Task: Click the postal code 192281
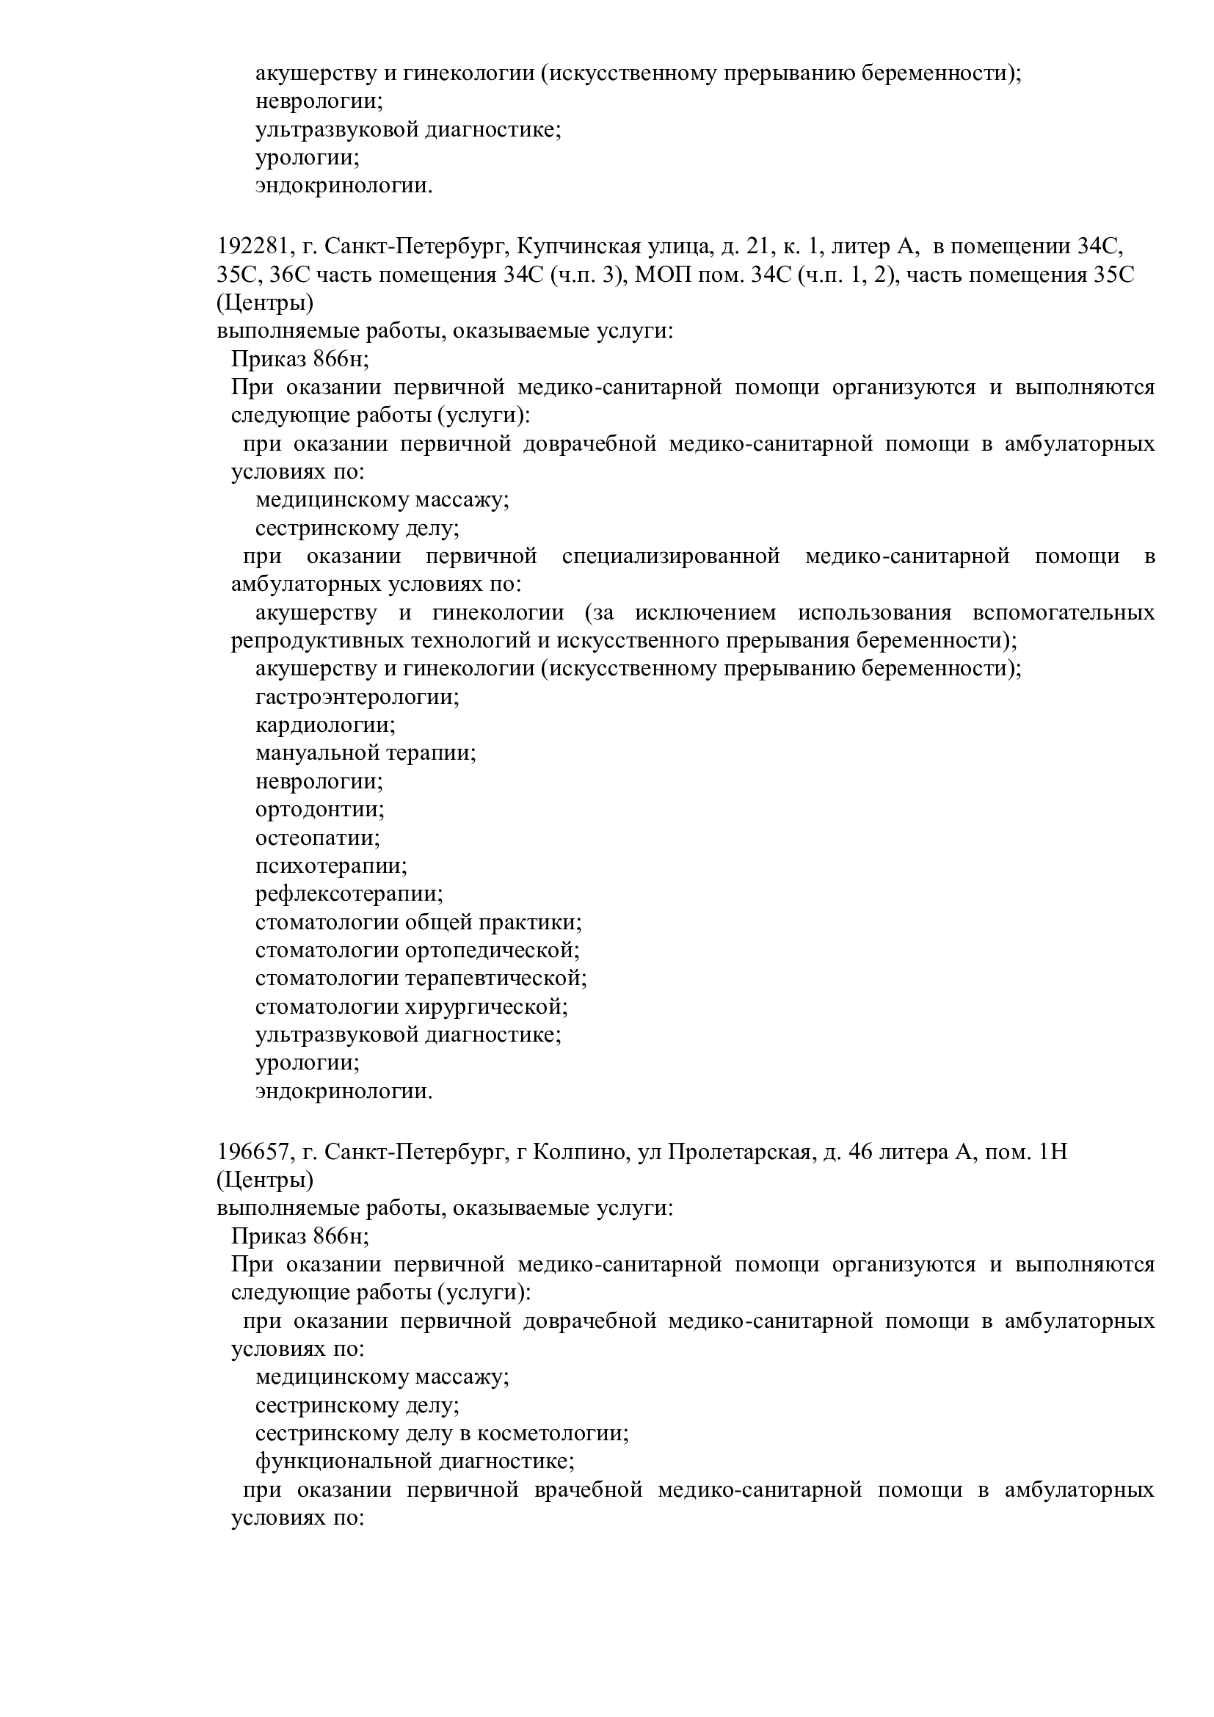click(x=250, y=247)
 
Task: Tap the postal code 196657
click(x=250, y=1152)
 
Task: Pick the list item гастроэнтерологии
click(x=357, y=697)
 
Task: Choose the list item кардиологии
click(x=325, y=725)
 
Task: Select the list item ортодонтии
click(x=319, y=810)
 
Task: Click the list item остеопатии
click(x=317, y=838)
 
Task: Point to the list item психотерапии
click(x=330, y=867)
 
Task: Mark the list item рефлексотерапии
click(x=349, y=894)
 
